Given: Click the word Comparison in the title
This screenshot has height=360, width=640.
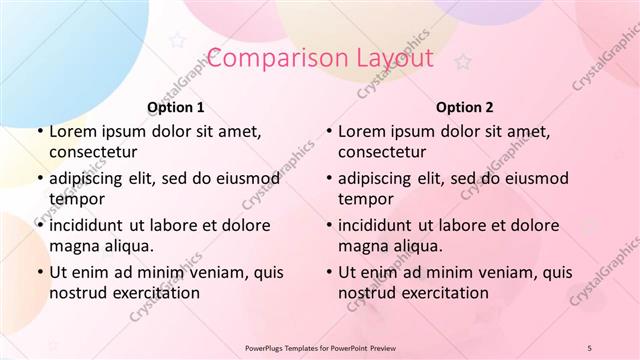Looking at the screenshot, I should pos(271,58).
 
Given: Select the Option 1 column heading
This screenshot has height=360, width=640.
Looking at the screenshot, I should pos(176,107).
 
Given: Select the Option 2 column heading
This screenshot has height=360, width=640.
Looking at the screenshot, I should pos(465,107).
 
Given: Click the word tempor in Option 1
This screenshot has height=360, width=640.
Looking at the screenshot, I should pos(76,199).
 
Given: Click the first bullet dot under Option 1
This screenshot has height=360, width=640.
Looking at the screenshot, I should pos(39,132).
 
